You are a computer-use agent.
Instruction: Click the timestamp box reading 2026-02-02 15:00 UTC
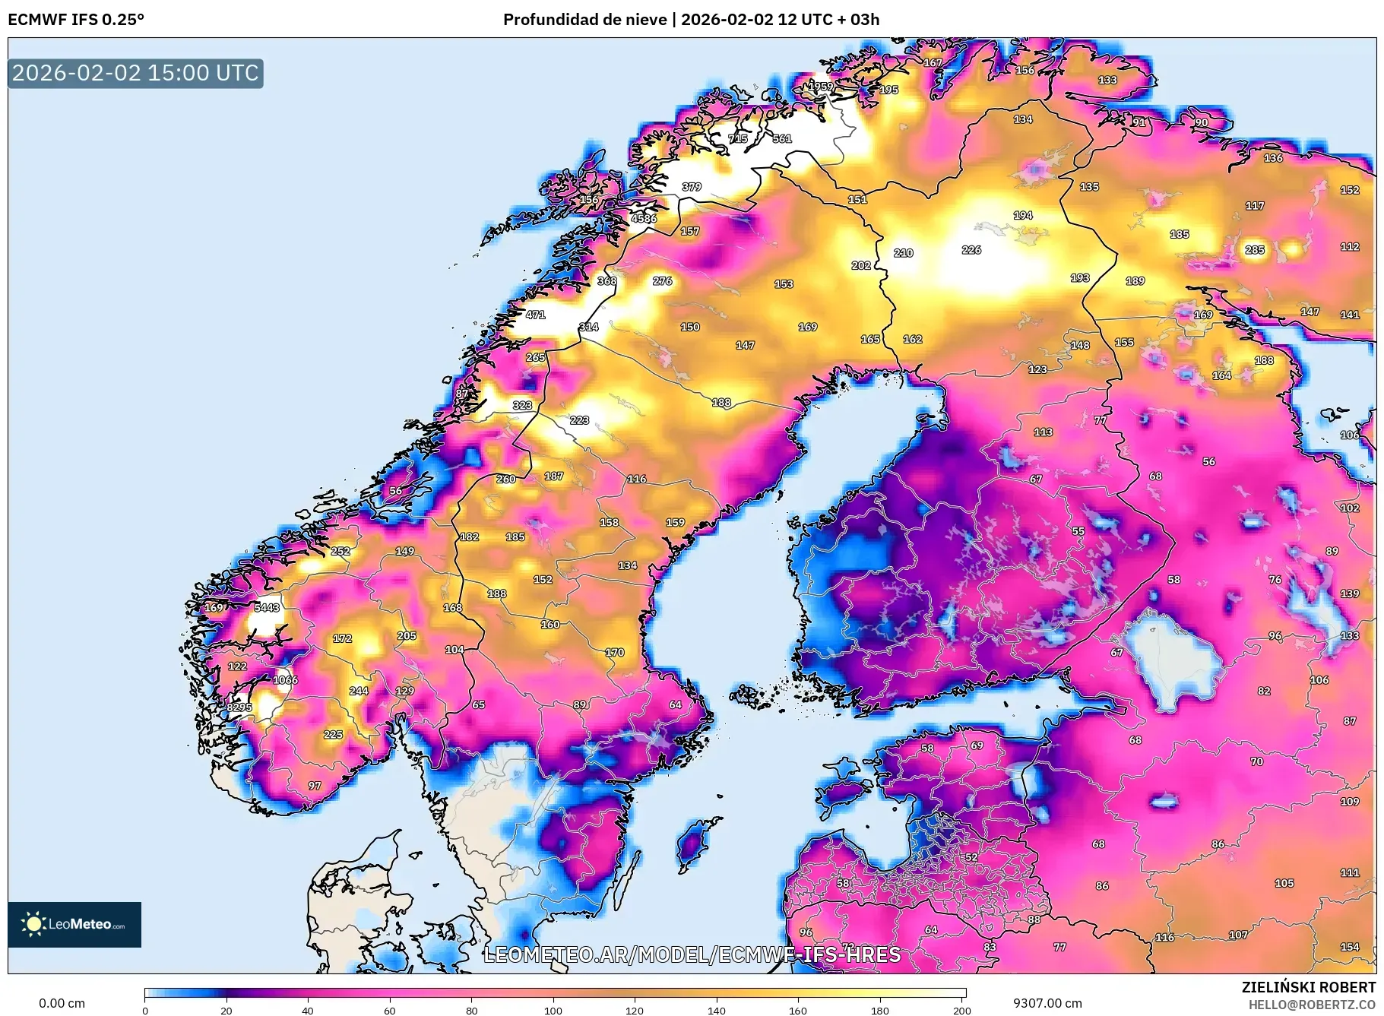tap(135, 73)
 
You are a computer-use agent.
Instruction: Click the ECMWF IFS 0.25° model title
tap(76, 20)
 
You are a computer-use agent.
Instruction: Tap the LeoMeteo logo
tap(74, 924)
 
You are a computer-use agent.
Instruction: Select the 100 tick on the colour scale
tap(553, 1010)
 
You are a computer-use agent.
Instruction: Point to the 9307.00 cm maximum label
tap(1047, 1003)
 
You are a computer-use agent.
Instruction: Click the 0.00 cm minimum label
tap(62, 1003)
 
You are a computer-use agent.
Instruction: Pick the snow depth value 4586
tap(643, 218)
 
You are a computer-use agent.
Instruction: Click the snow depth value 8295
tap(239, 707)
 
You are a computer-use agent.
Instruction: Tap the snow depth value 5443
tap(267, 607)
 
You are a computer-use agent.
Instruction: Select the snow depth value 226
tap(971, 249)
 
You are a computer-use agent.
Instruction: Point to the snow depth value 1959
tap(819, 86)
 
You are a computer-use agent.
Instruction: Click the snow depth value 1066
tap(285, 680)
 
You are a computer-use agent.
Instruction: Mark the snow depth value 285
tap(1255, 249)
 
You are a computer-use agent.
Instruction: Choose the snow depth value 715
tap(738, 138)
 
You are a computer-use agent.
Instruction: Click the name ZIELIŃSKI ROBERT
tap(1308, 987)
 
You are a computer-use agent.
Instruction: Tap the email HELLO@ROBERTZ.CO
tap(1312, 1005)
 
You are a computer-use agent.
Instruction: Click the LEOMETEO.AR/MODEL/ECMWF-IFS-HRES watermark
tap(692, 954)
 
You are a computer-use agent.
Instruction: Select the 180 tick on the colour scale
tap(879, 1010)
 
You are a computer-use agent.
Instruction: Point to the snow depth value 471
tap(535, 315)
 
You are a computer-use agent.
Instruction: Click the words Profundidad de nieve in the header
tap(584, 20)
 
